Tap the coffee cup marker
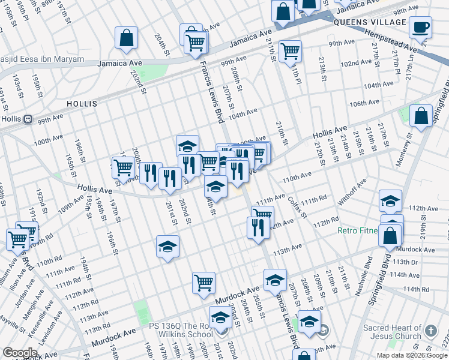(421, 28)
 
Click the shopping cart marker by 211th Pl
(290, 51)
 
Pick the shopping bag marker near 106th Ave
(421, 115)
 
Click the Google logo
(19, 353)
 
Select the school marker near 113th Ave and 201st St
(167, 247)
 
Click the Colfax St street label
(297, 207)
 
